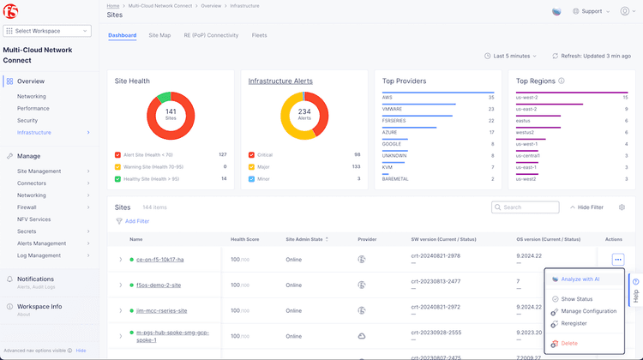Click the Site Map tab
tap(159, 36)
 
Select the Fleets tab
tap(259, 36)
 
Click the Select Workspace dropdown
tap(52, 31)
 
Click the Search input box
tap(525, 207)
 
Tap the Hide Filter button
tap(586, 207)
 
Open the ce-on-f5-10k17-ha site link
tap(160, 259)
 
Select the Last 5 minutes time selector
tap(515, 56)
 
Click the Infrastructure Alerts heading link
tap(280, 81)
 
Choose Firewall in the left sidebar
tap(28, 207)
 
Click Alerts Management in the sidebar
tap(42, 243)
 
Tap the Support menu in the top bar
tap(591, 12)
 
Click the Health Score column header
tap(244, 239)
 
